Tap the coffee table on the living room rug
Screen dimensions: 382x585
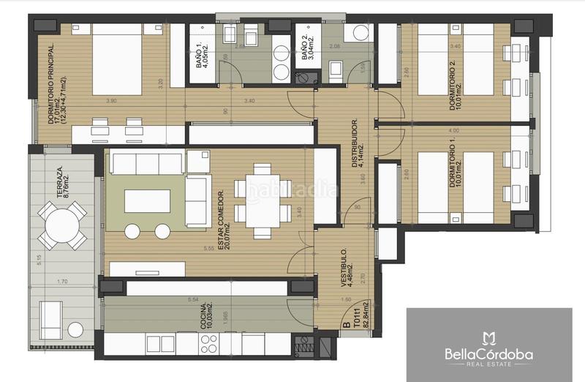pyautogui.click(x=147, y=200)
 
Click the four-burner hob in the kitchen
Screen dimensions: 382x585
pyautogui.click(x=209, y=342)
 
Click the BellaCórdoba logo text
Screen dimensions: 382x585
pyautogui.click(x=489, y=354)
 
